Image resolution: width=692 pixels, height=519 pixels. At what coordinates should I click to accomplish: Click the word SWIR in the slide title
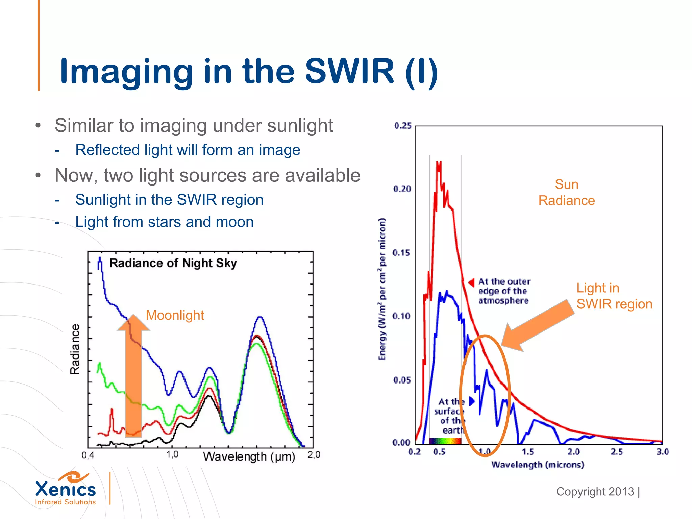349,71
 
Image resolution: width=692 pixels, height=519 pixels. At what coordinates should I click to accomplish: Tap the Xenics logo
66,489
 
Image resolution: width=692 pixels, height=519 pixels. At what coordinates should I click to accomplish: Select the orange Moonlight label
175,315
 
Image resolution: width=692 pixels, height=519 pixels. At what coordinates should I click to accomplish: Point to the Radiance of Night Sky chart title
173,263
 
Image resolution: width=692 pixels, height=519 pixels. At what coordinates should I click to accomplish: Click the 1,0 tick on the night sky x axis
172,454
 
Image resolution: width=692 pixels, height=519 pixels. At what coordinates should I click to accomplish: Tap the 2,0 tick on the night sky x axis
314,454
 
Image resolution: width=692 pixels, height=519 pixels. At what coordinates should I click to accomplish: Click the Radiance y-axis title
75,349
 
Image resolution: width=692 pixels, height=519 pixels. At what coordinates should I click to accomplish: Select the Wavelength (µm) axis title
249,456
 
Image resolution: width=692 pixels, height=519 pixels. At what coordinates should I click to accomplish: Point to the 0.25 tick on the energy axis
403,126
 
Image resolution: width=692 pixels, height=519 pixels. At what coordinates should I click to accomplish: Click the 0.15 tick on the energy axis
402,253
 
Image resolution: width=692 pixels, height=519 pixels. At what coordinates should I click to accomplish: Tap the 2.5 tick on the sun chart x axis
617,452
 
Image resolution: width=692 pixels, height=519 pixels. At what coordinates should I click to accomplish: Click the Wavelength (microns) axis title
537,465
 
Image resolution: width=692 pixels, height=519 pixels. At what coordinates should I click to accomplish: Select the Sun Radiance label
567,193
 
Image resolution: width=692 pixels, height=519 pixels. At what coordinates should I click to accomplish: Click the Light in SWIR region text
614,296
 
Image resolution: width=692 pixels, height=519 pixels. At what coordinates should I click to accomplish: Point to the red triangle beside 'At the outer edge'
472,282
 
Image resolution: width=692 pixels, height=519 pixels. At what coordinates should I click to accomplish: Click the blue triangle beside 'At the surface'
472,401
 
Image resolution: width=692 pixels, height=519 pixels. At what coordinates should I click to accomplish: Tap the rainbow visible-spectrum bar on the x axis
445,441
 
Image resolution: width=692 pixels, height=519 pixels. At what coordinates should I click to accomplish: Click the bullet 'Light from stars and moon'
164,222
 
